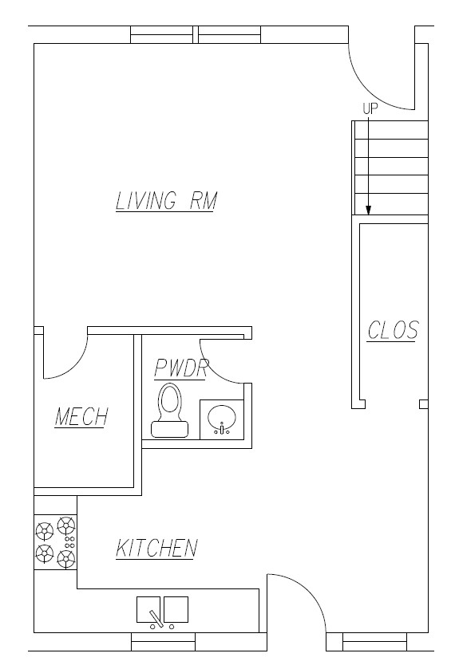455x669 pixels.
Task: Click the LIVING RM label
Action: pos(166,201)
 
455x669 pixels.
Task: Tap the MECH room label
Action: pos(81,417)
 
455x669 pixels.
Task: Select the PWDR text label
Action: pos(181,368)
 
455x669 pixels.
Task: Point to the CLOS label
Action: pos(392,330)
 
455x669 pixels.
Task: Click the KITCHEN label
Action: pos(156,549)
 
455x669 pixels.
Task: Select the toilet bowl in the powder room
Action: pos(169,400)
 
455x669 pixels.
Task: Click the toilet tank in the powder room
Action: pos(169,430)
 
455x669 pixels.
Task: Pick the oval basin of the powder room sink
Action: pos(221,416)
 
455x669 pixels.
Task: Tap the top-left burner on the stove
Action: pos(44,528)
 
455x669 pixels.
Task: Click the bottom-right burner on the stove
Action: pos(66,556)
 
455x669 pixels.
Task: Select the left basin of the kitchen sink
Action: pos(148,609)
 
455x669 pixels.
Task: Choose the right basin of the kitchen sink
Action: pos(176,608)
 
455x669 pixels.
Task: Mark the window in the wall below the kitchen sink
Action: pos(163,642)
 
